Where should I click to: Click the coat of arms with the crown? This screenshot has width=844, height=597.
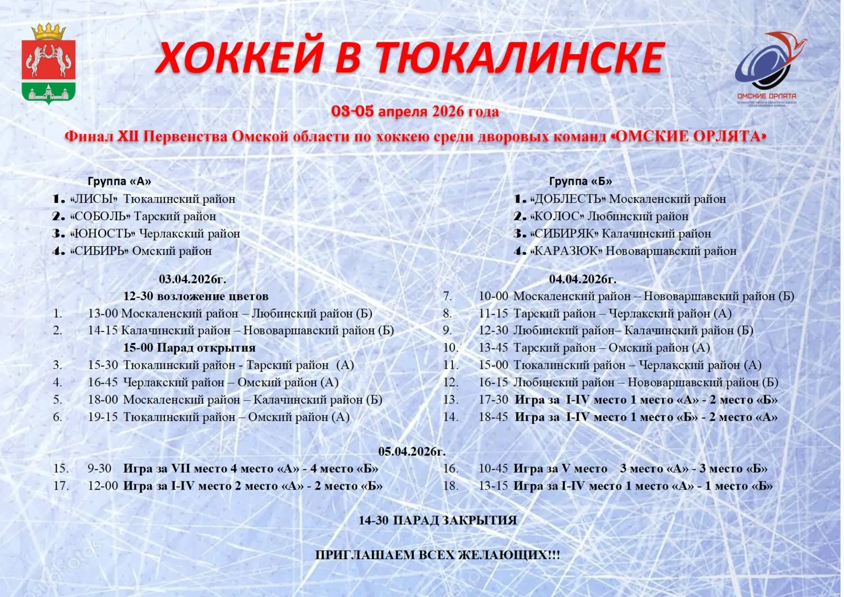48,64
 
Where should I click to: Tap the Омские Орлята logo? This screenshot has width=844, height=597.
767,67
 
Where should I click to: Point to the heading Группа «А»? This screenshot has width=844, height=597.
119,182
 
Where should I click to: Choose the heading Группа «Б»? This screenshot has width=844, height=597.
580,182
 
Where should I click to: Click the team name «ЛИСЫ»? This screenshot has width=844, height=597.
94,199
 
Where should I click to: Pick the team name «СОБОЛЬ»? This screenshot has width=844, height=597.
100,216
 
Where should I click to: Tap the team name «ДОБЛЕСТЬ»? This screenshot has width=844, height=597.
567,199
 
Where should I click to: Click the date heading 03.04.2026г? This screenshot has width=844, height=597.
192,279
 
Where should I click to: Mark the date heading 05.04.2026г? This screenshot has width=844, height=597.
412,452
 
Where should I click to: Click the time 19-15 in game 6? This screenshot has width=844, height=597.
102,417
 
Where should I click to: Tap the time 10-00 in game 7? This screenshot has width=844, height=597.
493,296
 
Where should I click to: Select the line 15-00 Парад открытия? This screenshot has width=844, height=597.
189,348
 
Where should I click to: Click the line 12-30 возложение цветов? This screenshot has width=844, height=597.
195,296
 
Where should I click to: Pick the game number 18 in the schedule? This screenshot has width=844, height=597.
450,486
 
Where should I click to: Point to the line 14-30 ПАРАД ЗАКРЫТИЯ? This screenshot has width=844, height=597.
437,520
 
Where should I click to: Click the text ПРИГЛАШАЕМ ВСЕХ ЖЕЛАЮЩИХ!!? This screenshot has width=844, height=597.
437,555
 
